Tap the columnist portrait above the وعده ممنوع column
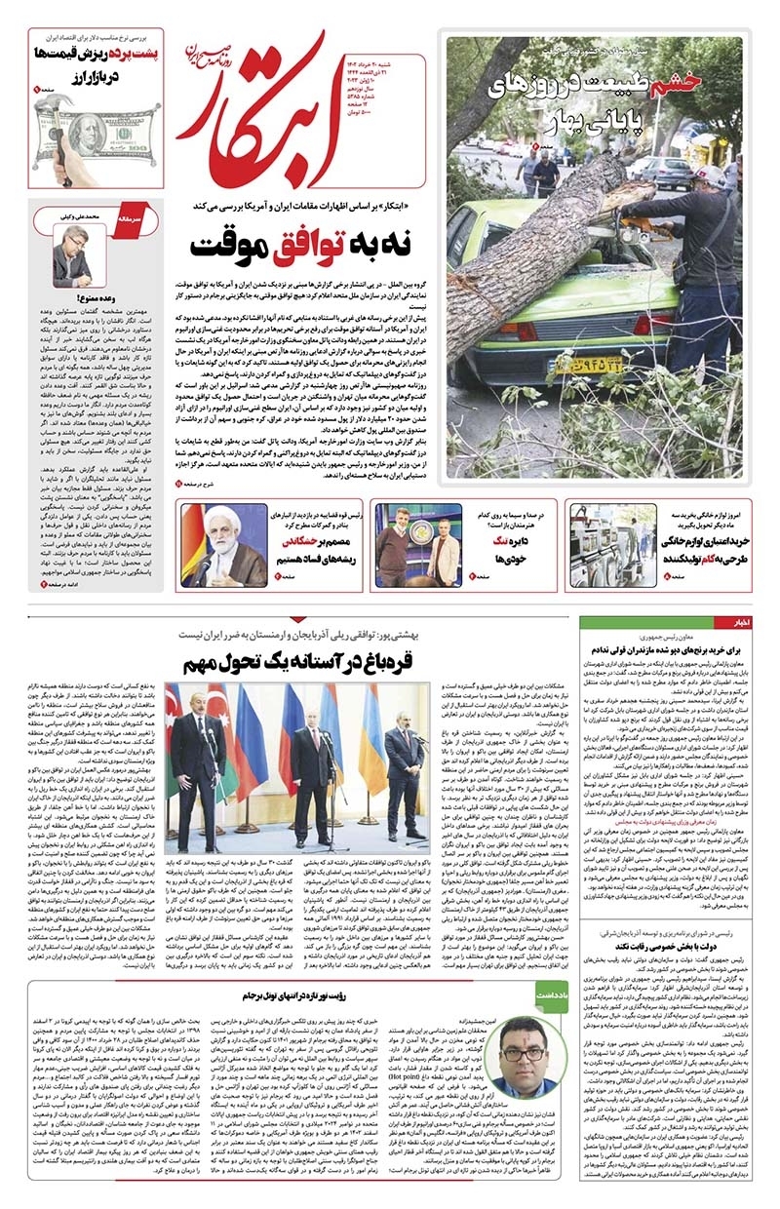pyautogui.click(x=71, y=256)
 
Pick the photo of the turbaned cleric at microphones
pyautogui.click(x=224, y=546)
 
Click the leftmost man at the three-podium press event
pyautogui.click(x=201, y=760)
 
